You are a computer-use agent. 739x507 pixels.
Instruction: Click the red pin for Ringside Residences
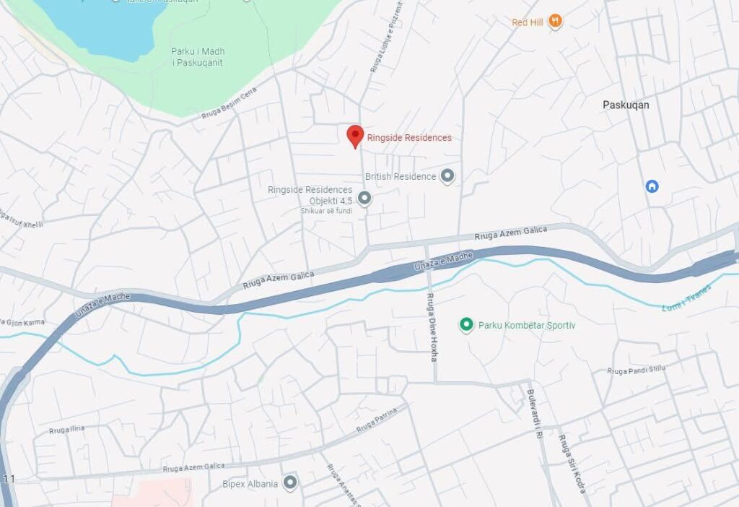click(x=354, y=135)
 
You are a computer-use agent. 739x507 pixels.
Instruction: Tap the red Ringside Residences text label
click(x=409, y=138)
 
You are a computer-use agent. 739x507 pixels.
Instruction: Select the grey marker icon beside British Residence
click(x=447, y=175)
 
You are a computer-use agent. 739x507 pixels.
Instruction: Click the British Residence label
click(x=401, y=176)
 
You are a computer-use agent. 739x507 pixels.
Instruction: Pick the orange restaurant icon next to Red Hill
click(x=554, y=21)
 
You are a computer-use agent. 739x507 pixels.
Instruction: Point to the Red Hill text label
click(x=527, y=22)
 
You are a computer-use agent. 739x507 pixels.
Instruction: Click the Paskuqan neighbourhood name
click(x=626, y=105)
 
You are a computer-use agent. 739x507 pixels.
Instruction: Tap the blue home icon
click(x=652, y=186)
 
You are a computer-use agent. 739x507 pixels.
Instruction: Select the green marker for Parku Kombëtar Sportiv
click(x=466, y=325)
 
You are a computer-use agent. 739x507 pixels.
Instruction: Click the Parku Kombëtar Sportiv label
click(x=527, y=326)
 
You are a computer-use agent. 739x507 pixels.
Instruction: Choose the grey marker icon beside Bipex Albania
click(x=290, y=482)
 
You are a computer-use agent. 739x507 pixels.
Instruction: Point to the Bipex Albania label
click(x=250, y=484)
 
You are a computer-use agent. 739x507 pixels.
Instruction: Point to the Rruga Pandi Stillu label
click(x=636, y=370)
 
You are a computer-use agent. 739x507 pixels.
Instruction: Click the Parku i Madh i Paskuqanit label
click(x=197, y=57)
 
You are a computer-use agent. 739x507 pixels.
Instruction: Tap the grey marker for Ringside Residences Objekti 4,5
click(x=364, y=198)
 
